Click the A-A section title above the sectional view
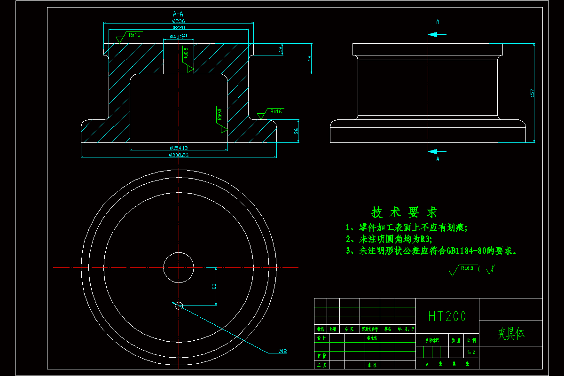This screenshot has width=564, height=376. [178, 14]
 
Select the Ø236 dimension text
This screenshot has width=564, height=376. [178, 21]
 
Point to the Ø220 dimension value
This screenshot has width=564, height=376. [178, 28]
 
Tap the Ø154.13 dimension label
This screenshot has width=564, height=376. [179, 148]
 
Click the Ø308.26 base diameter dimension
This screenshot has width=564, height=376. [179, 155]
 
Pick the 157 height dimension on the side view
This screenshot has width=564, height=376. [533, 93]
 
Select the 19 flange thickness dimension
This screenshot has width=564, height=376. [281, 49]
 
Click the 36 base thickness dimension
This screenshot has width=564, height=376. [296, 132]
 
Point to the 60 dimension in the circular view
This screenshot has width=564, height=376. [214, 286]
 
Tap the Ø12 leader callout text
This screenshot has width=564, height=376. [282, 351]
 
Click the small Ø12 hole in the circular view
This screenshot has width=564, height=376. [179, 306]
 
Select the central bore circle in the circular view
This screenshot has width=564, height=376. [179, 268]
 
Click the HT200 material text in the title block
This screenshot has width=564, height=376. [447, 316]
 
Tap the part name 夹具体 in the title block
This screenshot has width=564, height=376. [510, 334]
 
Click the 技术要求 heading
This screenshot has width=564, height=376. [404, 212]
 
